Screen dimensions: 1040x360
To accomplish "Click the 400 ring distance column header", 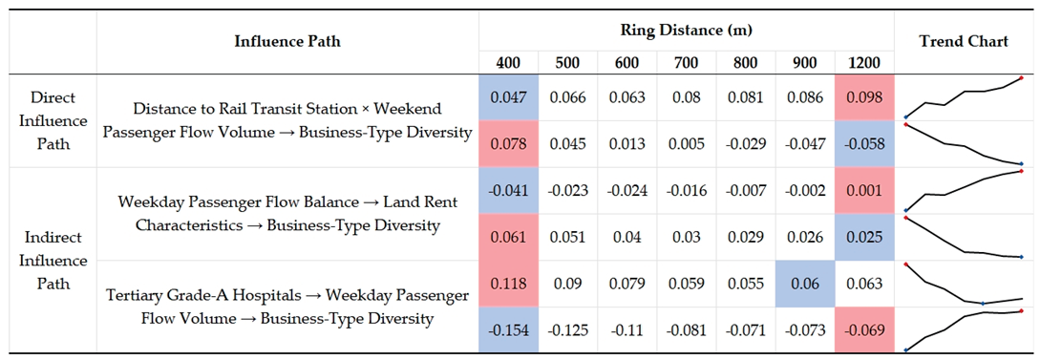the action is (x=509, y=64).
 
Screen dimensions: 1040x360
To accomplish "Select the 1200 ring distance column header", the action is (x=864, y=64).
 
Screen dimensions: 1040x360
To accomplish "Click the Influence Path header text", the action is (x=287, y=41).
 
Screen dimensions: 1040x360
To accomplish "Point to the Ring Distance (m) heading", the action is (x=687, y=30).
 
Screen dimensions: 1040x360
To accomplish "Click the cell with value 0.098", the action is (x=864, y=96).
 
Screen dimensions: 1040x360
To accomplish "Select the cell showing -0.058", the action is (x=864, y=143).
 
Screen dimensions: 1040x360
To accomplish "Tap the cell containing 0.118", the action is (x=509, y=283).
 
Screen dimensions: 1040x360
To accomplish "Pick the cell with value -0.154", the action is (x=509, y=329).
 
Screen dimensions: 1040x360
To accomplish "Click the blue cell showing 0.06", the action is (x=804, y=283).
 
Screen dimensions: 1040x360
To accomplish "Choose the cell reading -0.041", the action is (x=509, y=190).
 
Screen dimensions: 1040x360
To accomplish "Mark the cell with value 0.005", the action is (x=687, y=143).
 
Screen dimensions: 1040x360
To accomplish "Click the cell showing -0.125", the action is (x=568, y=329).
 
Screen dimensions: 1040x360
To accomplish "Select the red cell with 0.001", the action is (x=864, y=190).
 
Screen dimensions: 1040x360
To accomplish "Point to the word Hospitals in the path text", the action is (x=259, y=294).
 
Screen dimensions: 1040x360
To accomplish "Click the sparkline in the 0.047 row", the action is (x=964, y=97).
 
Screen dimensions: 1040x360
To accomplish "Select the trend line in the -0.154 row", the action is (x=964, y=330).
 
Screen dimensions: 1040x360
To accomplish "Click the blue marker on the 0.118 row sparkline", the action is (x=983, y=304).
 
